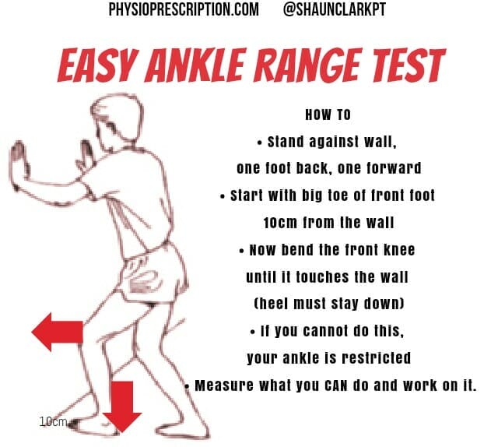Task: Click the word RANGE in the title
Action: tap(314, 65)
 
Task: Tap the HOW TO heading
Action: tap(328, 114)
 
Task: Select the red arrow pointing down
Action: tap(122, 406)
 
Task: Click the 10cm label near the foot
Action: tap(53, 421)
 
